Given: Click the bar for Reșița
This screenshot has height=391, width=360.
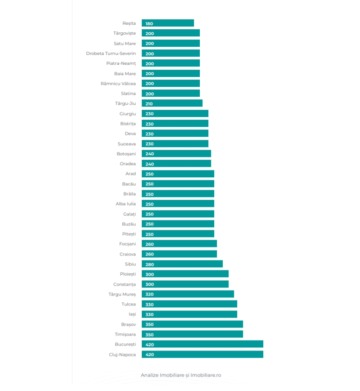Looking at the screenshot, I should click(x=168, y=23).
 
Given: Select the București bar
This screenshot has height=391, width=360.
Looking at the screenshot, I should click(x=202, y=344).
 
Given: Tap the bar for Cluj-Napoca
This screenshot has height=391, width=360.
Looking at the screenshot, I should click(x=202, y=354).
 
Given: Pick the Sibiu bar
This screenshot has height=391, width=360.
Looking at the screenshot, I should click(x=182, y=264).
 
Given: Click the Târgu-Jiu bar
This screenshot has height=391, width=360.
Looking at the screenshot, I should click(x=172, y=103).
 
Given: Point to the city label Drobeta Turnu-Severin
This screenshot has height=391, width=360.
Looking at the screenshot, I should click(x=111, y=53).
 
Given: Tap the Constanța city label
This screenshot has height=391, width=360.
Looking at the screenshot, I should click(x=124, y=284).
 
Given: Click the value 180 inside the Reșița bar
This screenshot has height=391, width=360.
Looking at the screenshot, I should click(x=149, y=23).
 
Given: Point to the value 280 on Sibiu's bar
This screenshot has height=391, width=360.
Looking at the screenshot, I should click(x=149, y=265).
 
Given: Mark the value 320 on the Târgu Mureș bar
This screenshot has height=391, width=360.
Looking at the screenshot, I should click(x=149, y=294).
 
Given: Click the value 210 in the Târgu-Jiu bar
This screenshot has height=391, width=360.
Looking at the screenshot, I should click(x=149, y=103).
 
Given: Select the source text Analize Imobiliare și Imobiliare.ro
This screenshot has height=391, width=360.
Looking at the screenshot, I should click(x=181, y=375).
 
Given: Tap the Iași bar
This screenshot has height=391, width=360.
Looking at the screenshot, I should click(x=189, y=314).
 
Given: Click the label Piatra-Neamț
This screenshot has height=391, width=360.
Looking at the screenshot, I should click(x=121, y=63).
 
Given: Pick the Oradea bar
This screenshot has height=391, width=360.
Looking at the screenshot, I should click(x=176, y=163).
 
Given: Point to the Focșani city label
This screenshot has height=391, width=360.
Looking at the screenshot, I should click(x=127, y=244).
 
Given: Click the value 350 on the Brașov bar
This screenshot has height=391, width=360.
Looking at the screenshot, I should click(x=149, y=324).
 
